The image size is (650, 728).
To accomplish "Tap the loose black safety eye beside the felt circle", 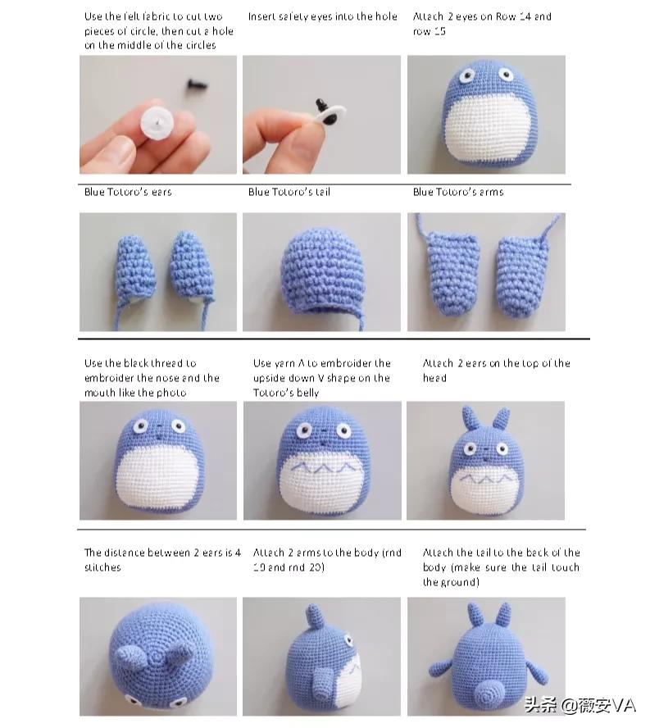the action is pyautogui.click(x=197, y=85).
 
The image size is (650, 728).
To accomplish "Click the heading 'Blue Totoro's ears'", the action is pyautogui.click(x=128, y=192).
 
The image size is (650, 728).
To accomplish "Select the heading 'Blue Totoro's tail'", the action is pyautogui.click(x=289, y=192).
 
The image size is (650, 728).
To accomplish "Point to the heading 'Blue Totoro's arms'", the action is pyautogui.click(x=457, y=192).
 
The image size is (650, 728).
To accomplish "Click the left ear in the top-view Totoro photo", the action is pyautogui.click(x=130, y=655).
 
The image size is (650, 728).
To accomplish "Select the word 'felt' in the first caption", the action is pyautogui.click(x=116, y=16).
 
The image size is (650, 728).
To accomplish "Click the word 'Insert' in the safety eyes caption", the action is pyautogui.click(x=261, y=16).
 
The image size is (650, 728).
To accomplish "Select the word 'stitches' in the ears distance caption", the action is pyautogui.click(x=102, y=567).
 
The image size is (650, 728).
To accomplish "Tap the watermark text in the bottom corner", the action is pyautogui.click(x=580, y=705).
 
